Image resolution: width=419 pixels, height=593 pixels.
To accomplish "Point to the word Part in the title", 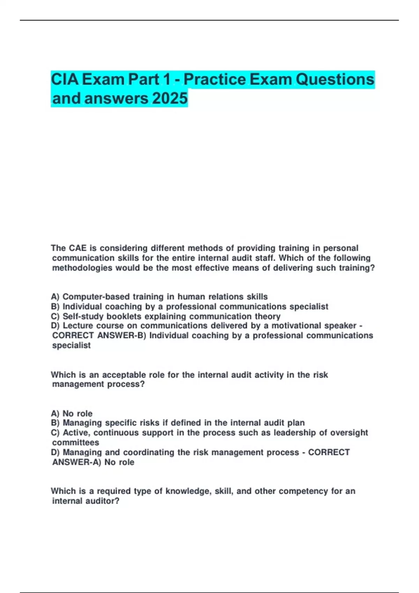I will (144, 80).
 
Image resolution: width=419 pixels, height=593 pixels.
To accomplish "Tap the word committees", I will (75, 442).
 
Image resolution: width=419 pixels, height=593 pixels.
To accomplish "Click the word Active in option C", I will (77, 433).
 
